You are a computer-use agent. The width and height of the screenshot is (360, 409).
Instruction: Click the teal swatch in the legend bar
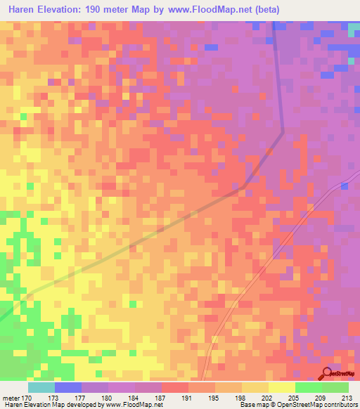[x=41, y=387]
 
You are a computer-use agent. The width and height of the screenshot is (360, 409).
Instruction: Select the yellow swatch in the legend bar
[x=281, y=387]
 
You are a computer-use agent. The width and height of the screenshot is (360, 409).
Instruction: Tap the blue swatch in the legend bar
[x=67, y=387]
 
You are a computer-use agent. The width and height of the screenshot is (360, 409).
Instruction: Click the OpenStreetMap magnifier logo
[x=328, y=374]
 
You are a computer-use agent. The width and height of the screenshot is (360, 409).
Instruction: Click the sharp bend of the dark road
[x=283, y=131]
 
